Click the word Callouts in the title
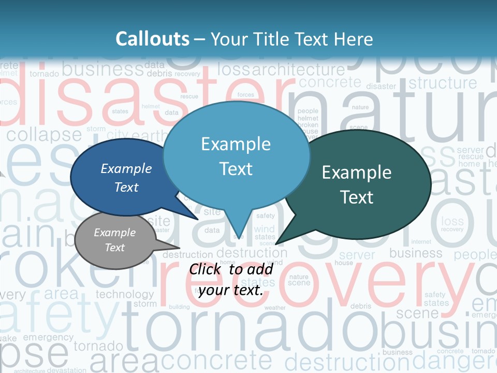[x=152, y=39]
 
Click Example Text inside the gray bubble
[x=114, y=240]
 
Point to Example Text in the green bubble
[x=357, y=185]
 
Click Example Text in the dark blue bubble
[x=126, y=178]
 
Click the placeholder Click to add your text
[x=231, y=279]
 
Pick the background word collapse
[x=44, y=135]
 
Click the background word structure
[x=443, y=83]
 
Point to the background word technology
[x=125, y=294]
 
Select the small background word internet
[x=421, y=241]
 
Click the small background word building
[x=179, y=307]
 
